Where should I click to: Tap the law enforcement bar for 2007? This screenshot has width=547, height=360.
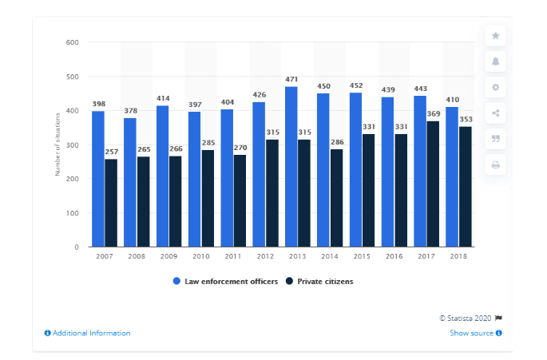(97, 179)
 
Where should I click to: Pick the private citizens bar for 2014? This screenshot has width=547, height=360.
(336, 198)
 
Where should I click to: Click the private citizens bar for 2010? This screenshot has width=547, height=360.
(208, 198)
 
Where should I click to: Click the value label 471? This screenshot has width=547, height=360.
(291, 80)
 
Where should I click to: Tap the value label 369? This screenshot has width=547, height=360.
(433, 114)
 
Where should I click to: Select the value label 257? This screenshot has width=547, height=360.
(111, 152)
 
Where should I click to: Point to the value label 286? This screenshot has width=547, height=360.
(336, 143)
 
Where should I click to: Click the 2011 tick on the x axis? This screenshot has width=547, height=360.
(233, 257)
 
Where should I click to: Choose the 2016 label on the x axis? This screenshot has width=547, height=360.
(394, 257)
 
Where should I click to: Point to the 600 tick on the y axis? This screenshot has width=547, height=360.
(72, 42)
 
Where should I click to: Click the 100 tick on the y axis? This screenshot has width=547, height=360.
(72, 213)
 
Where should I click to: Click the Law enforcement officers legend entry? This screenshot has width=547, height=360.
(225, 281)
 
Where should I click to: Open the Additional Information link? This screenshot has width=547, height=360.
(87, 333)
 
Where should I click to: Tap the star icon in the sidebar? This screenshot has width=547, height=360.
(495, 36)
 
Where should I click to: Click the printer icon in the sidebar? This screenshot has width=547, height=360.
(495, 164)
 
